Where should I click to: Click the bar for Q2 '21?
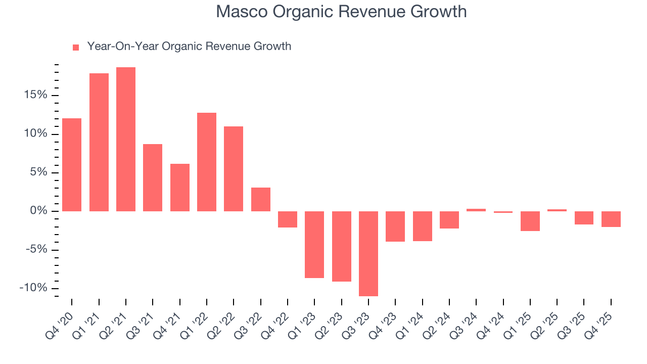[x=126, y=139]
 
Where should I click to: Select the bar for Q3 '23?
[x=368, y=253]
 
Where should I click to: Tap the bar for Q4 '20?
[x=72, y=164]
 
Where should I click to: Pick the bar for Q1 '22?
[x=207, y=162]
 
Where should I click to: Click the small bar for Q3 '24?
[x=476, y=210]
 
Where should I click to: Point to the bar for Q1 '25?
[x=530, y=221]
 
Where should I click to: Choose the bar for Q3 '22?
[x=261, y=199]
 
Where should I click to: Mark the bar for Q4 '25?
[x=611, y=219]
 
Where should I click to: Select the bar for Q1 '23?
[x=314, y=244]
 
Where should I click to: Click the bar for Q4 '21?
[x=180, y=187]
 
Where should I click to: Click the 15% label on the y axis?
[x=34, y=95]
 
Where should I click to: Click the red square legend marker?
[x=76, y=48]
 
